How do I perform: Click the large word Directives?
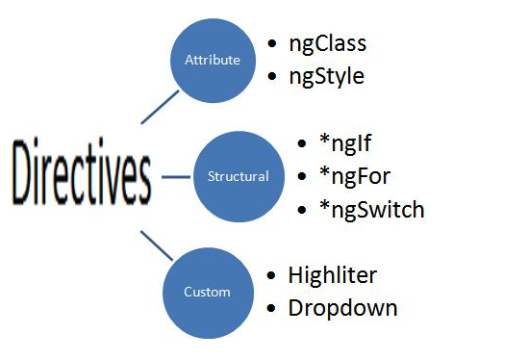click(83, 176)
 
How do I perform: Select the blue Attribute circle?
click(212, 60)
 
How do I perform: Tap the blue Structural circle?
click(238, 177)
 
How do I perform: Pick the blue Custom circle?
click(208, 292)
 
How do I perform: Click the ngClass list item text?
click(327, 43)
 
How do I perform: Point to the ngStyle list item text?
click(327, 76)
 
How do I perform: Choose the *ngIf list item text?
click(347, 145)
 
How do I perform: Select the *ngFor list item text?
click(357, 177)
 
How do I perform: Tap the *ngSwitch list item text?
click(371, 210)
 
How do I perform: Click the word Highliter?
click(333, 274)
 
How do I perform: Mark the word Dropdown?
click(342, 308)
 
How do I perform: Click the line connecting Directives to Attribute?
click(159, 107)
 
